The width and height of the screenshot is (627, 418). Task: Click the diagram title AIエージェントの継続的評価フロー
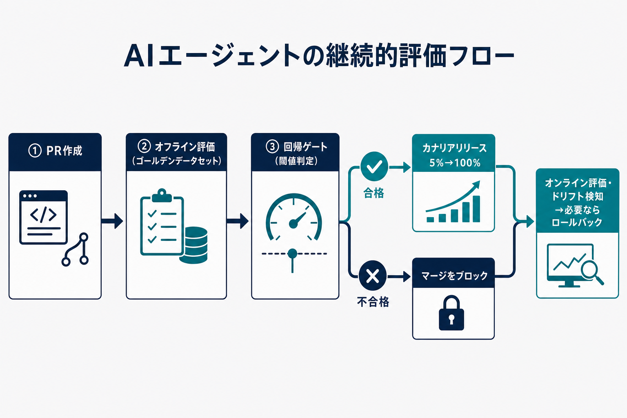[319, 56]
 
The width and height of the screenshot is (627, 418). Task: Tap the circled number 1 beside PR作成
[35, 151]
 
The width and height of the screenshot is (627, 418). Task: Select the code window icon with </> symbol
[43, 217]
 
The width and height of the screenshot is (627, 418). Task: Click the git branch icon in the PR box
[75, 249]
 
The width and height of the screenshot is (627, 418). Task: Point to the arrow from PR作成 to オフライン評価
[112, 221]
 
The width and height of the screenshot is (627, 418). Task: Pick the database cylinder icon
[193, 245]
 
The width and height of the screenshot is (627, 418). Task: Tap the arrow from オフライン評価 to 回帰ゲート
[237, 221]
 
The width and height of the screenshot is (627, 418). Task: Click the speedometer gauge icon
[293, 217]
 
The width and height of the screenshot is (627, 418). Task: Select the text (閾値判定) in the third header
[296, 161]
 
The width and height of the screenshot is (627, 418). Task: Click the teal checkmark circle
[374, 166]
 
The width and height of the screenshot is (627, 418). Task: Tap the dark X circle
[373, 276]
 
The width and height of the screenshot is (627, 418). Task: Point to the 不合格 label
[373, 302]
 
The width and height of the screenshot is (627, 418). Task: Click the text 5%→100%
[455, 162]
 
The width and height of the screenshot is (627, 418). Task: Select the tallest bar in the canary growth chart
[476, 209]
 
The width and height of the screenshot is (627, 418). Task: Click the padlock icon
[451, 313]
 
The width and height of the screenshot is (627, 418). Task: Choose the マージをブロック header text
[455, 276]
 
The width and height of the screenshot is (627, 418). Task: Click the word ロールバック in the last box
[577, 222]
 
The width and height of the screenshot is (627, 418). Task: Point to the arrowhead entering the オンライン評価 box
[530, 222]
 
